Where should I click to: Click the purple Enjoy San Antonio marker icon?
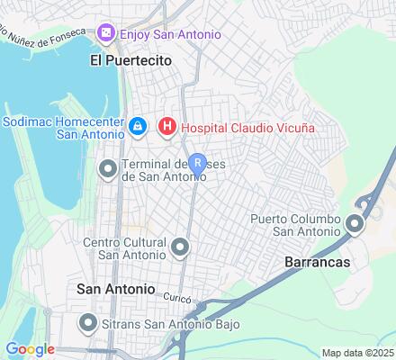(x=107, y=34)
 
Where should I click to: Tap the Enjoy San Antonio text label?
(x=170, y=34)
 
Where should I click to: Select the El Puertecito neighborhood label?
(x=130, y=60)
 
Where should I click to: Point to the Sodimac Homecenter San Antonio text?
(x=63, y=125)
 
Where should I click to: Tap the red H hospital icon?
(x=166, y=128)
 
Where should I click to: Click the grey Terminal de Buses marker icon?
(x=108, y=168)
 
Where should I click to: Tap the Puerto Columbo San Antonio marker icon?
(x=356, y=224)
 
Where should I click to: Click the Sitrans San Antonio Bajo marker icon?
(x=88, y=321)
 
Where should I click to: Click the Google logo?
(x=30, y=349)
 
